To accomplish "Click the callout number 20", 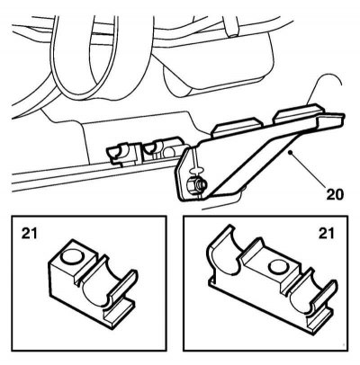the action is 335,194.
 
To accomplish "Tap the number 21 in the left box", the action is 30,233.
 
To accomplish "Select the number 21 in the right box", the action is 326,233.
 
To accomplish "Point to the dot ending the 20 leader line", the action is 290,153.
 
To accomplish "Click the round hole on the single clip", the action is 71,257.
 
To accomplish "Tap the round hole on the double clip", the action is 278,267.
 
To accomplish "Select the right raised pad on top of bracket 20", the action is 297,112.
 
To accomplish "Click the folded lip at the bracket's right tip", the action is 330,120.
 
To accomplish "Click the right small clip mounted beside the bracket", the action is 161,148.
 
